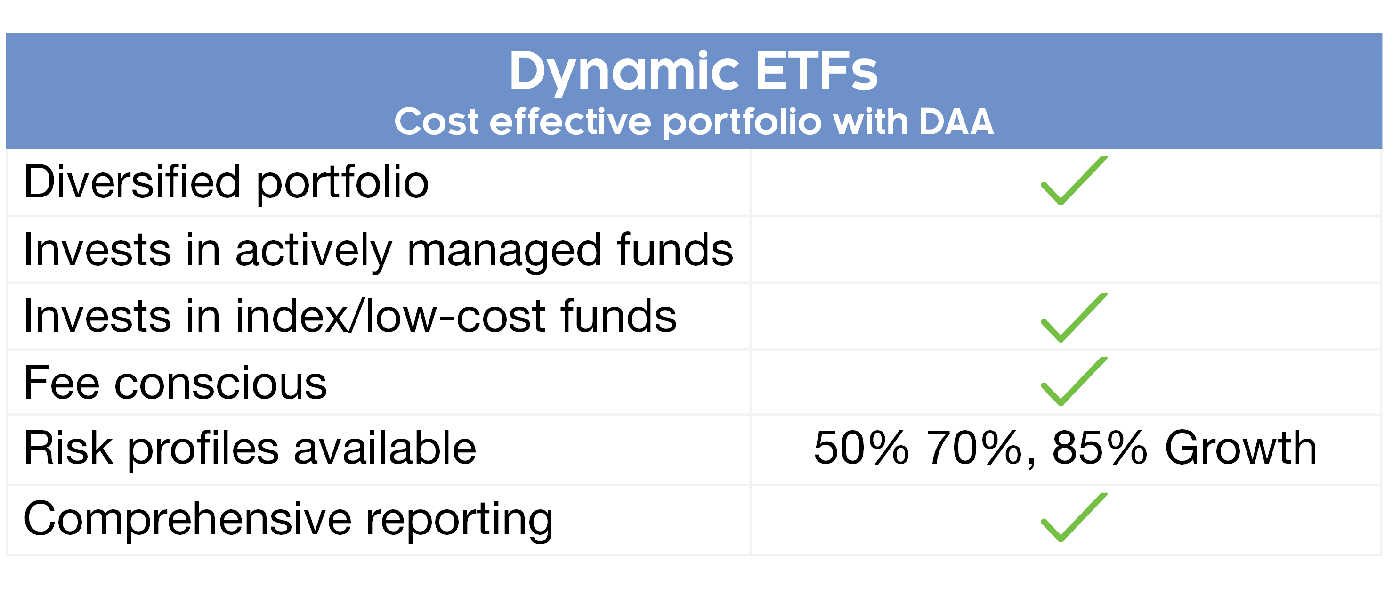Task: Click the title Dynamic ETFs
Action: (x=694, y=72)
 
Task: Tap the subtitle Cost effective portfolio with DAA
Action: (x=694, y=122)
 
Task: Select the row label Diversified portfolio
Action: (x=226, y=183)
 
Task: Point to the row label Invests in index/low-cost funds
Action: (x=350, y=316)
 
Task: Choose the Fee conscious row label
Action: (x=175, y=383)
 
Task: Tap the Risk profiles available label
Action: (x=250, y=449)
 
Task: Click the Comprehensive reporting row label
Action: (x=288, y=520)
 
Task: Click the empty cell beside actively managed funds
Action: (x=1066, y=250)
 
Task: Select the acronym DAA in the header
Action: (x=956, y=122)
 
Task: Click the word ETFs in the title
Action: (x=817, y=71)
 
